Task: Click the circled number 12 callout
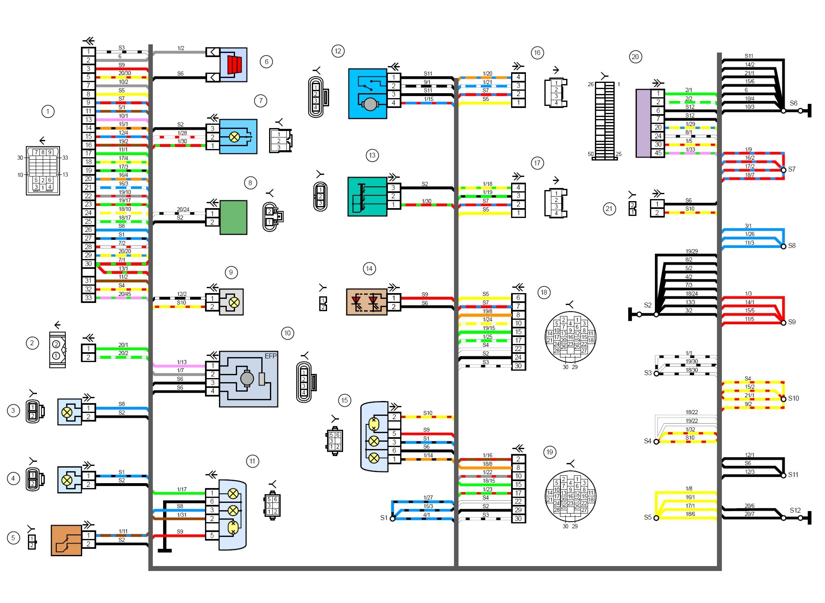click(338, 51)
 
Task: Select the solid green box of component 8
click(233, 218)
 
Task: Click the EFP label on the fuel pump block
click(270, 356)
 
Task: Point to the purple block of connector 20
click(643, 123)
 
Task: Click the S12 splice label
click(795, 510)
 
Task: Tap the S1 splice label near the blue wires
click(384, 518)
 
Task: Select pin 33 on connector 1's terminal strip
click(88, 298)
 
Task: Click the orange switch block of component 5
click(66, 540)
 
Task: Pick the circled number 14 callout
click(369, 269)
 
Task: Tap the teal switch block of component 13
click(367, 197)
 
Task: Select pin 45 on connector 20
click(658, 153)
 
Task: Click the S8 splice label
click(792, 245)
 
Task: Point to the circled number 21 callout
click(609, 209)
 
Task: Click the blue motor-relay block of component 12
click(367, 94)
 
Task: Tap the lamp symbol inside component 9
click(234, 303)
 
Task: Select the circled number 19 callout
click(550, 452)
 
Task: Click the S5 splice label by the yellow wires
click(648, 517)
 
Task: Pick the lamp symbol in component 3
click(67, 412)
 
